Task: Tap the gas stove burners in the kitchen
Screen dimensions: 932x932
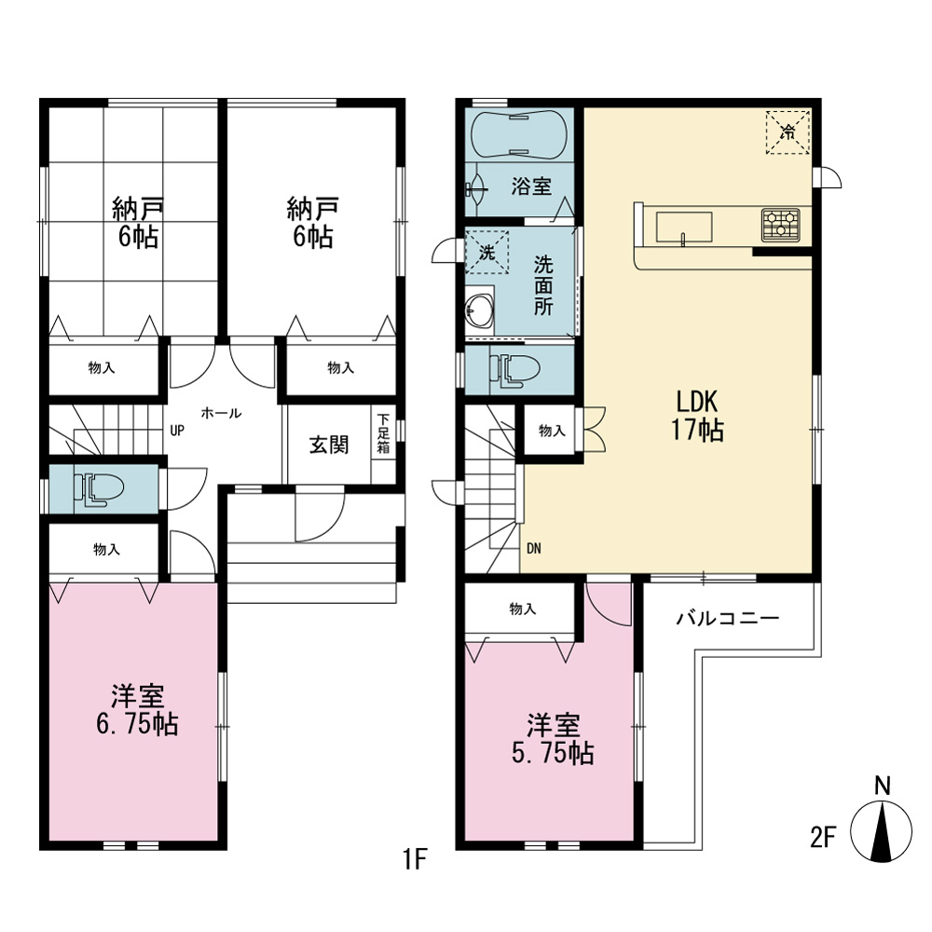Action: (x=781, y=225)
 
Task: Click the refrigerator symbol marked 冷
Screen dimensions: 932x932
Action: (x=788, y=132)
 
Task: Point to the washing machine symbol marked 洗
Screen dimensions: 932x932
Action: (x=487, y=252)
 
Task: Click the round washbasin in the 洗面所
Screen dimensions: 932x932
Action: (x=478, y=309)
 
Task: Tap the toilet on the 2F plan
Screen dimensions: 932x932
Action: (x=514, y=371)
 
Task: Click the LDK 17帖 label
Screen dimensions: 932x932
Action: (x=697, y=416)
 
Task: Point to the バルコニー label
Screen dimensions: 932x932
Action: (x=728, y=619)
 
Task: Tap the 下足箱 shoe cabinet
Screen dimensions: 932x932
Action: (x=383, y=433)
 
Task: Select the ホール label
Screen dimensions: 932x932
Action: (x=221, y=413)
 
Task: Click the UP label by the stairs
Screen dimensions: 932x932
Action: (x=177, y=431)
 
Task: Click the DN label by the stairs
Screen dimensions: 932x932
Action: (x=534, y=548)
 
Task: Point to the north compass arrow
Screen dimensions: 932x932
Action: (x=882, y=830)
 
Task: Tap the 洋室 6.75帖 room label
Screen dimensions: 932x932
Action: (x=137, y=709)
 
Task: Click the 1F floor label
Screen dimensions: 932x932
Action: (x=416, y=858)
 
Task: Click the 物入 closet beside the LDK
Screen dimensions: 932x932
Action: (x=552, y=431)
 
